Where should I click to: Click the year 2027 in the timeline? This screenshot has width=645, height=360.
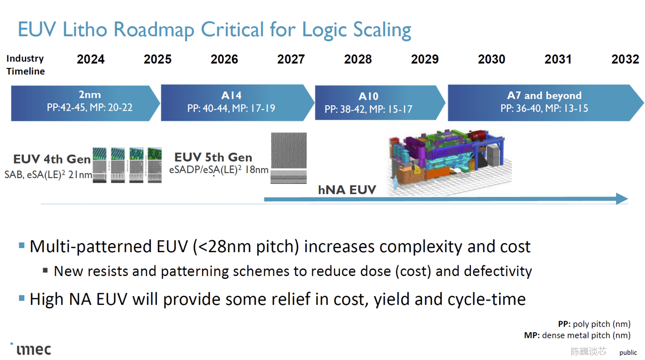click(291, 59)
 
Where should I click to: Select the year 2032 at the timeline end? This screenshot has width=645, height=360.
click(626, 59)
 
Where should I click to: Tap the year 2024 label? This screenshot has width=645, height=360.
click(91, 59)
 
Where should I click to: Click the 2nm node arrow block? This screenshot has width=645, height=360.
click(85, 103)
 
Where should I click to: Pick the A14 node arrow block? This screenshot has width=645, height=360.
click(237, 103)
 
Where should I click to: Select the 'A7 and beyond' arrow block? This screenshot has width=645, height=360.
click(545, 103)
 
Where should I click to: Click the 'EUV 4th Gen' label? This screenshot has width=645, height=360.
click(52, 159)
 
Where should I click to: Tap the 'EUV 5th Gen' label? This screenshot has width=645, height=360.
click(213, 157)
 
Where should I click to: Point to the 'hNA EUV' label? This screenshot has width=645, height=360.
click(347, 190)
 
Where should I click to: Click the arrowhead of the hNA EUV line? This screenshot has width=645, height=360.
click(622, 199)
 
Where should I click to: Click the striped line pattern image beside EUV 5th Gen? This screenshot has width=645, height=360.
click(288, 158)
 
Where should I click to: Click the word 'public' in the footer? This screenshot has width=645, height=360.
click(628, 353)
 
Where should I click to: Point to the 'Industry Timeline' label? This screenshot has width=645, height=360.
click(25, 65)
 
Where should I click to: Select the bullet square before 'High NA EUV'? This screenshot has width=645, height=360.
click(22, 298)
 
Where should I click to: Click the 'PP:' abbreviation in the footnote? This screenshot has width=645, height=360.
click(564, 324)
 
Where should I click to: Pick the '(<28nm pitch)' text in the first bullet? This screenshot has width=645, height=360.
click(245, 247)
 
